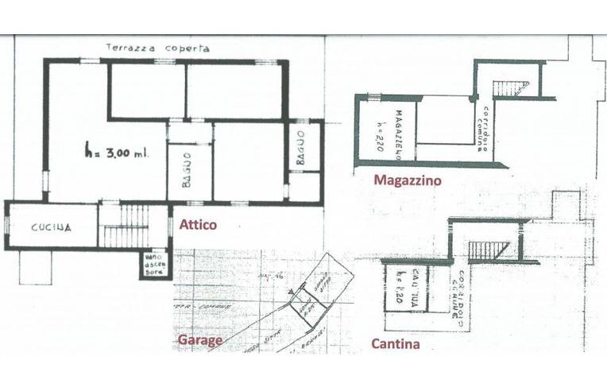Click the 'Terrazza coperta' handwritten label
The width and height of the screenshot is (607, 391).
coord(158,48)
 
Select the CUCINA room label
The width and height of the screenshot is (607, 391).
coord(52,227)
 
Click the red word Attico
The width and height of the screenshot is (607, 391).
coord(198,225)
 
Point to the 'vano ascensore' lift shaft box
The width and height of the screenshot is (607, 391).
coord(152,263)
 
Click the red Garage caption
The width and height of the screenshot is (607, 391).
coord(199,342)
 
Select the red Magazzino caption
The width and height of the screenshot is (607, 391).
coord(407,181)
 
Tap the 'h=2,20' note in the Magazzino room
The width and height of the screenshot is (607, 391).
coord(382,131)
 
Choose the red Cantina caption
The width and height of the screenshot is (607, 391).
coord(396,344)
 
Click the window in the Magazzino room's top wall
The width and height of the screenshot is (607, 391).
coord(369,97)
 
